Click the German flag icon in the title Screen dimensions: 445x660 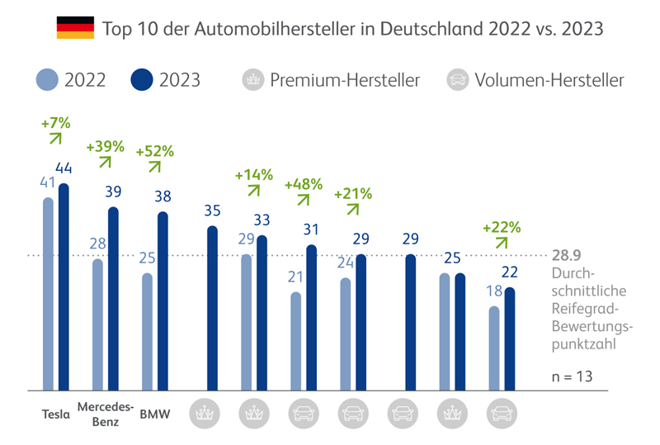coord(74,29)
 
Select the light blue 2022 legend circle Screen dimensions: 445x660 coord(49,80)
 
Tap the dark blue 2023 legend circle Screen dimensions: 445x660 coord(143,80)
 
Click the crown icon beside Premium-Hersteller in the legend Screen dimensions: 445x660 coord(251,80)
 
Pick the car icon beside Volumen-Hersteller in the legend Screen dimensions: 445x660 coord(456,80)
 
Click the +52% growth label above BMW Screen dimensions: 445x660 coord(154,151)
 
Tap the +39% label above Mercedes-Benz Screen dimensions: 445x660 coord(105,146)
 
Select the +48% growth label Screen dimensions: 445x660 coord(303,184)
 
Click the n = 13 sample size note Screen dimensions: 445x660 coord(572,376)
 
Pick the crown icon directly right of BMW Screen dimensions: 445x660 coord(204,414)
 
